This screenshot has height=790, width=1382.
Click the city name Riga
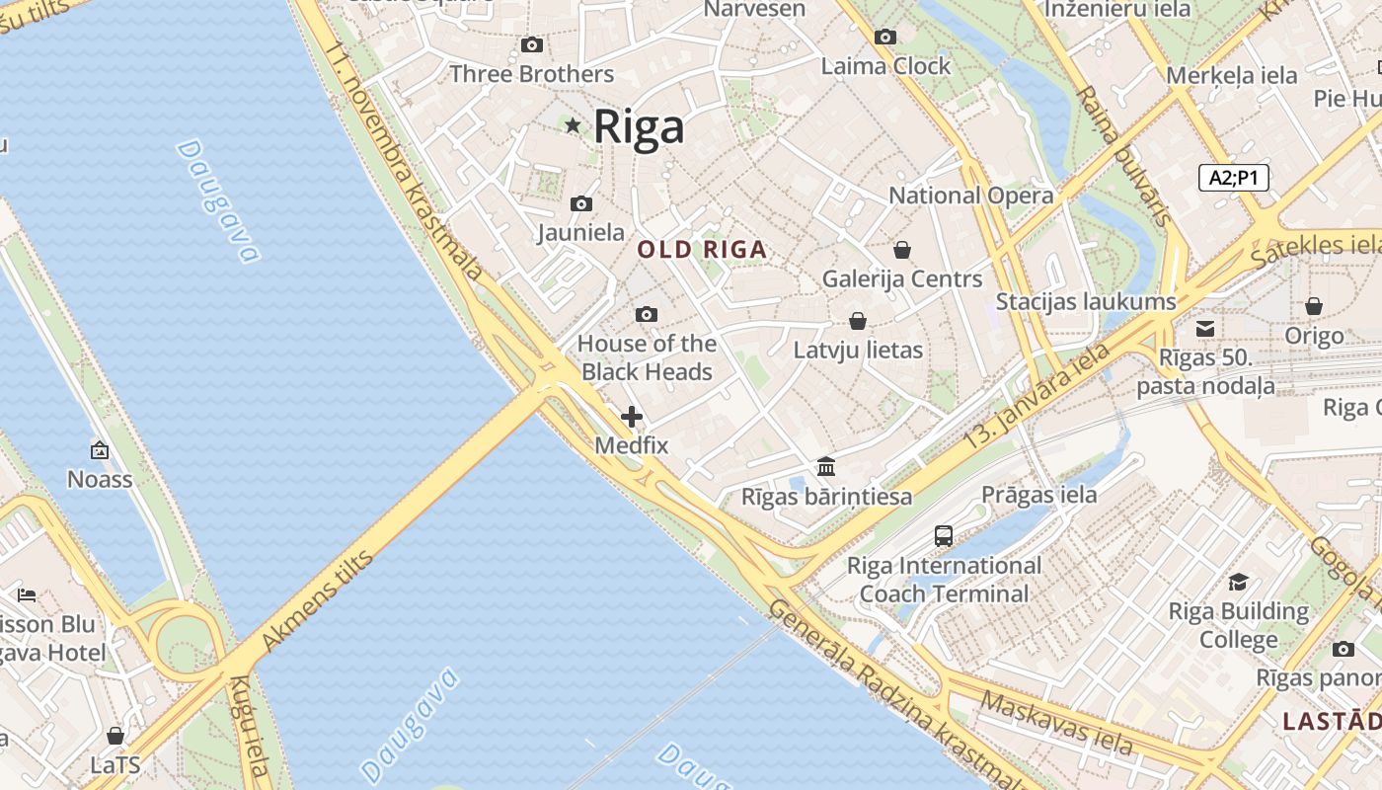639,127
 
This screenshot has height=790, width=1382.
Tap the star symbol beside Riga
573,125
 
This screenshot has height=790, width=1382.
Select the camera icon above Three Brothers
532,44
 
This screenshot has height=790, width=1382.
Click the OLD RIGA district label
702,250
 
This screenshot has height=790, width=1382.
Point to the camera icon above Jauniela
581,203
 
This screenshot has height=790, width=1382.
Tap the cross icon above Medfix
632,417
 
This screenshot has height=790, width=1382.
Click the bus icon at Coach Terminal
944,536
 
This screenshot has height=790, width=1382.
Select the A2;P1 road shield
1233,178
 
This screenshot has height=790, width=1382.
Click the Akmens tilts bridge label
317,601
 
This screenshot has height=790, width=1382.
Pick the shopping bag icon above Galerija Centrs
901,250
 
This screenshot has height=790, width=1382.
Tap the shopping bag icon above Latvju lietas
858,321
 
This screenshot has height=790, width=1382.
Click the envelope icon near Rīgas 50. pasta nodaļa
1205,328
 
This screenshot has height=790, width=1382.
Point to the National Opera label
971,196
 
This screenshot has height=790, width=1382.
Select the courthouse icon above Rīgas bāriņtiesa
826,466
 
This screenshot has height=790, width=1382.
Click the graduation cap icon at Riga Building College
1238,582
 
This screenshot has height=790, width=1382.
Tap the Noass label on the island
100,480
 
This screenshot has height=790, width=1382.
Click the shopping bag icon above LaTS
115,736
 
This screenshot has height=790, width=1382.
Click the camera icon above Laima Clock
885,37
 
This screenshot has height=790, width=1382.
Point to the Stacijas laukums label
1086,302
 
